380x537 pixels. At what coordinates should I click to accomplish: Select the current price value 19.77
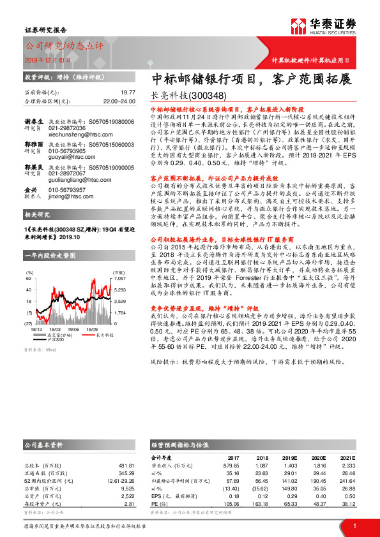click(128, 92)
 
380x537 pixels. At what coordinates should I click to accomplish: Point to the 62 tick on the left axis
click(29, 279)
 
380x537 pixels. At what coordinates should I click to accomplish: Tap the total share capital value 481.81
click(125, 465)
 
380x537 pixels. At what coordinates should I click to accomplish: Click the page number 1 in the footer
click(354, 525)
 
